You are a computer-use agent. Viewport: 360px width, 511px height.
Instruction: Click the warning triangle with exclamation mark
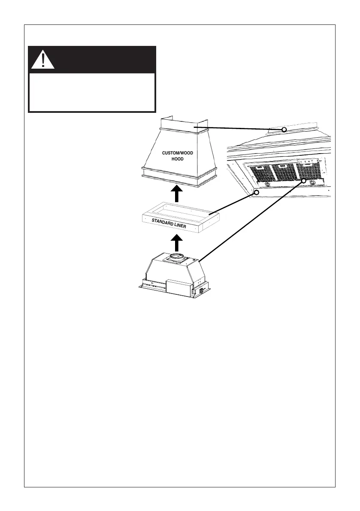(42, 60)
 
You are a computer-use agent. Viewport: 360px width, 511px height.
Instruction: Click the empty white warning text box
(91, 92)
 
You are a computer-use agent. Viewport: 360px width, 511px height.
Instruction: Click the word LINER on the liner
(191, 226)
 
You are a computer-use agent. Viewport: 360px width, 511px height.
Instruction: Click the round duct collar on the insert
(176, 259)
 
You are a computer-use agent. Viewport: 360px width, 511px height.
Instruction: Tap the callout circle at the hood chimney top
(284, 129)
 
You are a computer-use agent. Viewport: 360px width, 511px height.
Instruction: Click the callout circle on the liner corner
(257, 193)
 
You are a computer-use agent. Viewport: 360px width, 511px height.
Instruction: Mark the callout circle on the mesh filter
(304, 181)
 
